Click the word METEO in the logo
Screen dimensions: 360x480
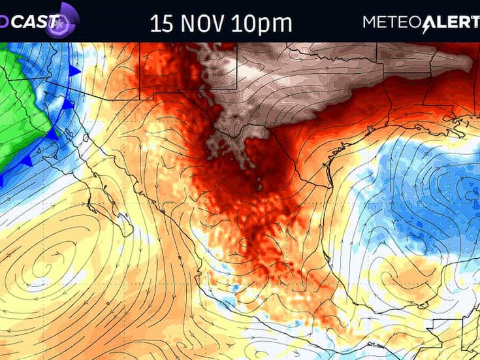coord(392,22)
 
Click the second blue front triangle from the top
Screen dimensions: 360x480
coord(67,104)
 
